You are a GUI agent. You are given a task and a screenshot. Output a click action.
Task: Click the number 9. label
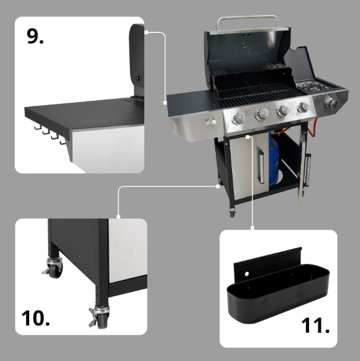35,36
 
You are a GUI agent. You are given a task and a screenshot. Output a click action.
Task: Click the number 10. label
35,318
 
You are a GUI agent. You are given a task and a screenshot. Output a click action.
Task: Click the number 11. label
315,325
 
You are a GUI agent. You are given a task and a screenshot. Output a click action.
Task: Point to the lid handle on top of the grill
247,21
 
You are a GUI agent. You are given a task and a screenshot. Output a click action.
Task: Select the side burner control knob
331,103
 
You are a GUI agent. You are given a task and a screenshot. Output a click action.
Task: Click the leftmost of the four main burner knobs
239,118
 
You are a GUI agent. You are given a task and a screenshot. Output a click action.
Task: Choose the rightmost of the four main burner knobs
303,106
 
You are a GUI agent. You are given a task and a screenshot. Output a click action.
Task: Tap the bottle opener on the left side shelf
211,121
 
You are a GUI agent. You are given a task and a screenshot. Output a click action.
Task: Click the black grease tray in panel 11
279,293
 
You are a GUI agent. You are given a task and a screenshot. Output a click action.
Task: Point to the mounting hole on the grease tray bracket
247,274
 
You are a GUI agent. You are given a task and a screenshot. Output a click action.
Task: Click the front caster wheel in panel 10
100,316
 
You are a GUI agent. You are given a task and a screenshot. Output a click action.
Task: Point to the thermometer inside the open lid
244,45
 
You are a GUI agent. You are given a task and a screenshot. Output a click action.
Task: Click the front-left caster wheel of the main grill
233,212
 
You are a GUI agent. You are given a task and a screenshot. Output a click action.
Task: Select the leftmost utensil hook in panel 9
38,127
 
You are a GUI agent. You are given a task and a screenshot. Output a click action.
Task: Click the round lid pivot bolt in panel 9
137,78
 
